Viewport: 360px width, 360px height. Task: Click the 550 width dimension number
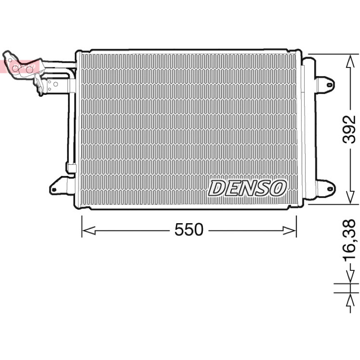coord(189,229)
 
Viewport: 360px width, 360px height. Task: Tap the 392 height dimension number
coord(349,129)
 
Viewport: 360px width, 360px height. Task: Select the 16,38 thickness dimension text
coord(349,241)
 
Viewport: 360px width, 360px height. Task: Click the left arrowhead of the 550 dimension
coord(89,230)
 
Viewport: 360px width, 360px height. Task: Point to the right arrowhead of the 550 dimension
coord(289,230)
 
